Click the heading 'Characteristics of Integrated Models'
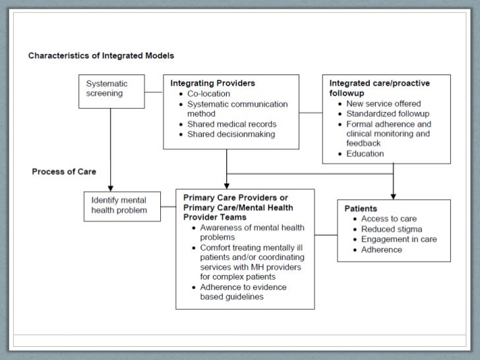(101, 55)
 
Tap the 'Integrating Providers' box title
(212, 84)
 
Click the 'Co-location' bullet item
(208, 94)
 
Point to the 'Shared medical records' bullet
(231, 124)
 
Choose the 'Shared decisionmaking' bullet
(231, 135)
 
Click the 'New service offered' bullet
(383, 104)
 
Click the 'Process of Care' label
(64, 171)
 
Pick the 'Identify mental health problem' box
(119, 205)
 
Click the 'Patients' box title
(361, 208)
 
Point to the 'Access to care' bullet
(389, 219)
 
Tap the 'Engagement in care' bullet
(399, 239)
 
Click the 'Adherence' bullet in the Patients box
(381, 250)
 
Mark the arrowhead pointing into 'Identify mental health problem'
(111, 187)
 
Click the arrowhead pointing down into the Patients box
(394, 195)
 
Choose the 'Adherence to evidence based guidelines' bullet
(243, 291)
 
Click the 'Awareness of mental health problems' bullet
(252, 232)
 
